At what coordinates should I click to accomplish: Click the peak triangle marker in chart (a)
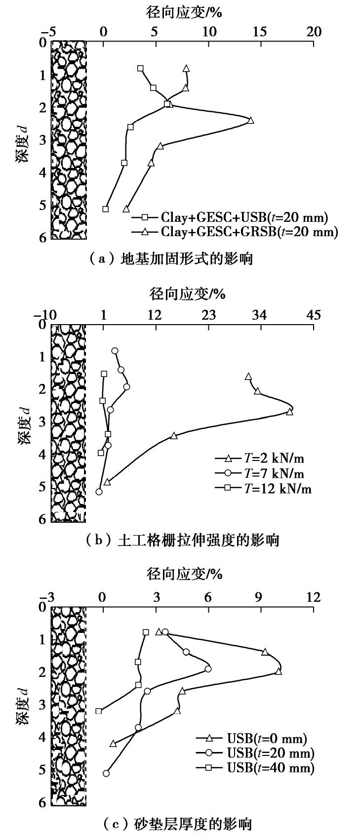(250, 120)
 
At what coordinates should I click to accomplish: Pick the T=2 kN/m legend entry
(265, 458)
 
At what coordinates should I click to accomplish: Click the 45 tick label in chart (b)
(314, 314)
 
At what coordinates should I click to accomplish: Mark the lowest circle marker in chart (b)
(99, 492)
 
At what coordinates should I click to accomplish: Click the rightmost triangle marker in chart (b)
(290, 412)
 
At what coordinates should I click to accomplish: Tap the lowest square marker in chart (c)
(99, 711)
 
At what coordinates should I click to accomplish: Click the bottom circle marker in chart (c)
(106, 773)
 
